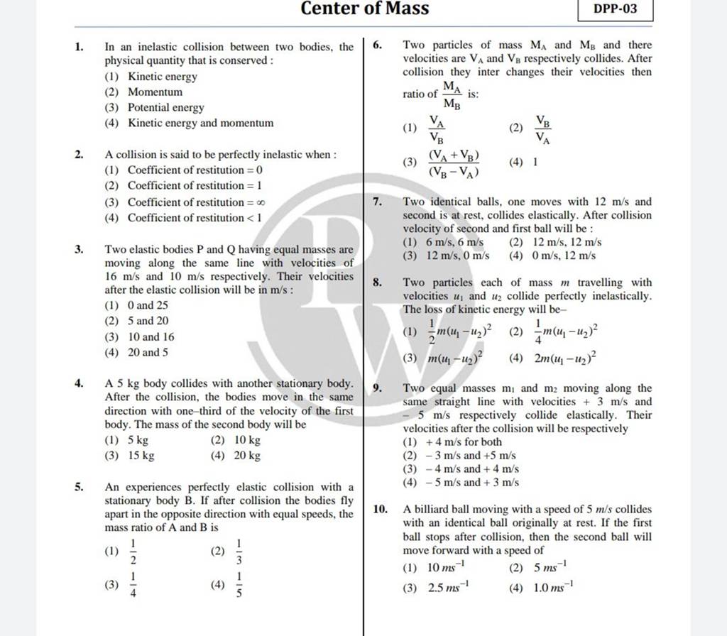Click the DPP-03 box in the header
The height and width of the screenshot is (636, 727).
tap(679, 11)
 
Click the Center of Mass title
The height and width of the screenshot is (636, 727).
tap(365, 9)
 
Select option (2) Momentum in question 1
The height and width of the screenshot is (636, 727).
tap(155, 92)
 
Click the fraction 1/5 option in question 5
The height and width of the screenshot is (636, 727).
tap(239, 584)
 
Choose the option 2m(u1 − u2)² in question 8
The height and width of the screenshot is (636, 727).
tap(567, 358)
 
